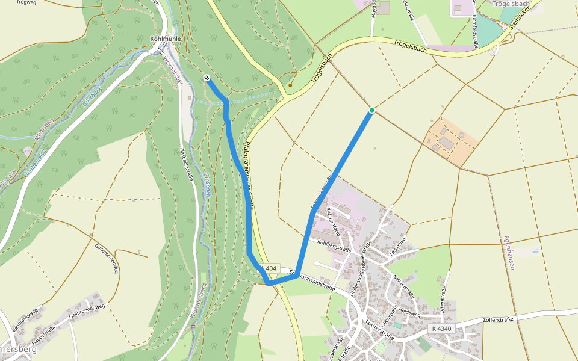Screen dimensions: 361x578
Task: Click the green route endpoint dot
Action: pos(372,110)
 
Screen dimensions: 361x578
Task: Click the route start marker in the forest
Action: pos(207,78)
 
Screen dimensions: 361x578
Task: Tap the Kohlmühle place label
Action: pos(165,39)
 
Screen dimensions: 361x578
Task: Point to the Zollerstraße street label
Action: pos(499,320)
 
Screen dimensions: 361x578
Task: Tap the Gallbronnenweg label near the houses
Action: pos(87,311)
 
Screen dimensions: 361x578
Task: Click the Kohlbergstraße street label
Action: pos(334,245)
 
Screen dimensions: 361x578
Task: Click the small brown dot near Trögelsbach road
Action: pos(290,85)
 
